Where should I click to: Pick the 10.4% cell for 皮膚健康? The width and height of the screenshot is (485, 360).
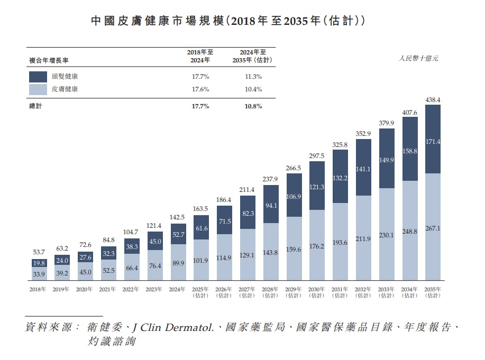click(x=253, y=89)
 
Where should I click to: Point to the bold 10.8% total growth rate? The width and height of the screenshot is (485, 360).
click(x=253, y=106)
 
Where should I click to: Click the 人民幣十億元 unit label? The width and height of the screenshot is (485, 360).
click(x=418, y=58)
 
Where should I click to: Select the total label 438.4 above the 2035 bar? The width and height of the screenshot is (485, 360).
click(x=433, y=99)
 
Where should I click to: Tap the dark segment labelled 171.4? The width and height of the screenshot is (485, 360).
click(x=433, y=142)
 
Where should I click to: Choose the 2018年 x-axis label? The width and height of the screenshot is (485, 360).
click(x=38, y=290)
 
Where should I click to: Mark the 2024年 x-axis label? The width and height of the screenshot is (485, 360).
click(x=177, y=290)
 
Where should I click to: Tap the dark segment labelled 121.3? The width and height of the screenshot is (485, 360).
click(x=317, y=187)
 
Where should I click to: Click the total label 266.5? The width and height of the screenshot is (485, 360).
click(x=294, y=168)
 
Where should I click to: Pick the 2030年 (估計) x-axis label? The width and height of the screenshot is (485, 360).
click(x=317, y=292)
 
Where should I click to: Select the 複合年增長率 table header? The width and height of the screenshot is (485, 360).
click(x=47, y=60)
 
